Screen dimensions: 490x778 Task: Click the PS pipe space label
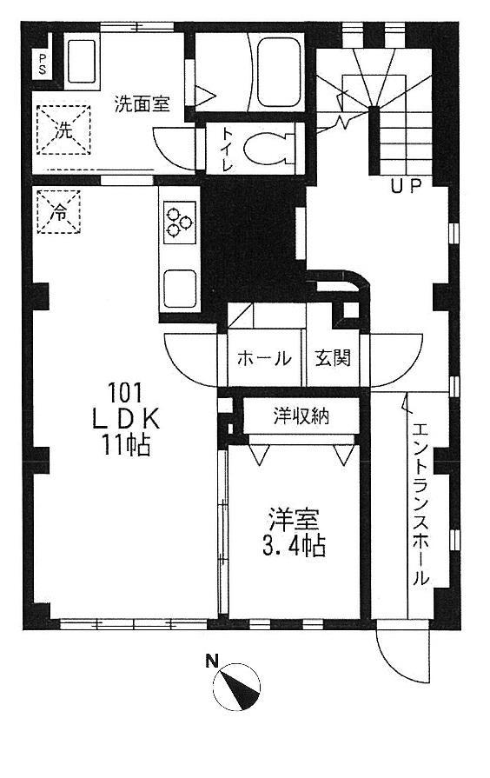tap(43, 64)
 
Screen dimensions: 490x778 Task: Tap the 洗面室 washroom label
tap(142, 103)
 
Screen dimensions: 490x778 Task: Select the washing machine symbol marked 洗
tap(63, 130)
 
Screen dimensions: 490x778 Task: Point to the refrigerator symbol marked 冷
tap(59, 212)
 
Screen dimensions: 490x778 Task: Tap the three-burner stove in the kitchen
tap(179, 223)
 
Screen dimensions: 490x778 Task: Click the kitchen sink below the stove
tap(180, 289)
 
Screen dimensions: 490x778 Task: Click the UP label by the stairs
tap(406, 187)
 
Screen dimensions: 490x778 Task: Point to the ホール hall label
tap(263, 358)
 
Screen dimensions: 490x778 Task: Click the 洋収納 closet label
tap(301, 416)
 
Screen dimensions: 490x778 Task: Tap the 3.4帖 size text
tap(293, 546)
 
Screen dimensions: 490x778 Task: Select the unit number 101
tap(125, 394)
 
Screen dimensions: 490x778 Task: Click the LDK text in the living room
tap(127, 420)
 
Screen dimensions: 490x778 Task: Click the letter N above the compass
tap(213, 661)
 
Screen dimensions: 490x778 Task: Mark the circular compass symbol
tap(236, 687)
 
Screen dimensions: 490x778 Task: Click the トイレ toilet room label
tap(227, 149)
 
